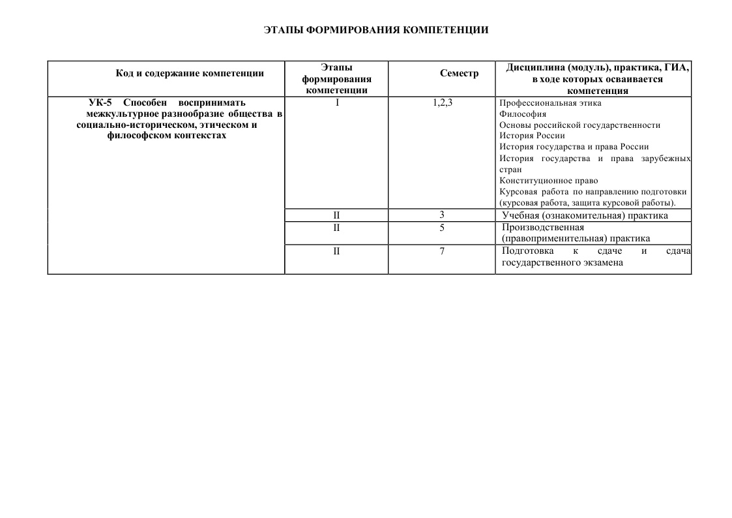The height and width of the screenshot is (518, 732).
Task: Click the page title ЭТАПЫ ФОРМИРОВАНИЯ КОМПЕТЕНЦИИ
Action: [376, 30]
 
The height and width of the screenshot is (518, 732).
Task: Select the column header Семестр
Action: [459, 73]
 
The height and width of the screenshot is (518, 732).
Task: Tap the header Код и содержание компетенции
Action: [190, 73]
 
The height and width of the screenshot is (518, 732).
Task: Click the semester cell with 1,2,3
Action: [443, 102]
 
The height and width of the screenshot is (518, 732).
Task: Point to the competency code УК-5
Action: [100, 102]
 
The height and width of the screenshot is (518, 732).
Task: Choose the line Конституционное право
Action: [548, 181]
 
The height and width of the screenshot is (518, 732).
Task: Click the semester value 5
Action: [442, 228]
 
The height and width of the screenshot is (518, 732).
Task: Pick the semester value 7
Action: [442, 251]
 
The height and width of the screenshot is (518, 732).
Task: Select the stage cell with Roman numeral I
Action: [337, 102]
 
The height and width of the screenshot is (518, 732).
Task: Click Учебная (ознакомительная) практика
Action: [585, 215]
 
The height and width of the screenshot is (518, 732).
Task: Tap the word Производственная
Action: [543, 228]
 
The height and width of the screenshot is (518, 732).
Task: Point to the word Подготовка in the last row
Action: [528, 251]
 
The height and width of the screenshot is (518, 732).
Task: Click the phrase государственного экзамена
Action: [563, 263]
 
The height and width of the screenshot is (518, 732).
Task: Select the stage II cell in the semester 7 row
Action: [336, 251]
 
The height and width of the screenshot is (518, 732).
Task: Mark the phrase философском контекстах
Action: [166, 136]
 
